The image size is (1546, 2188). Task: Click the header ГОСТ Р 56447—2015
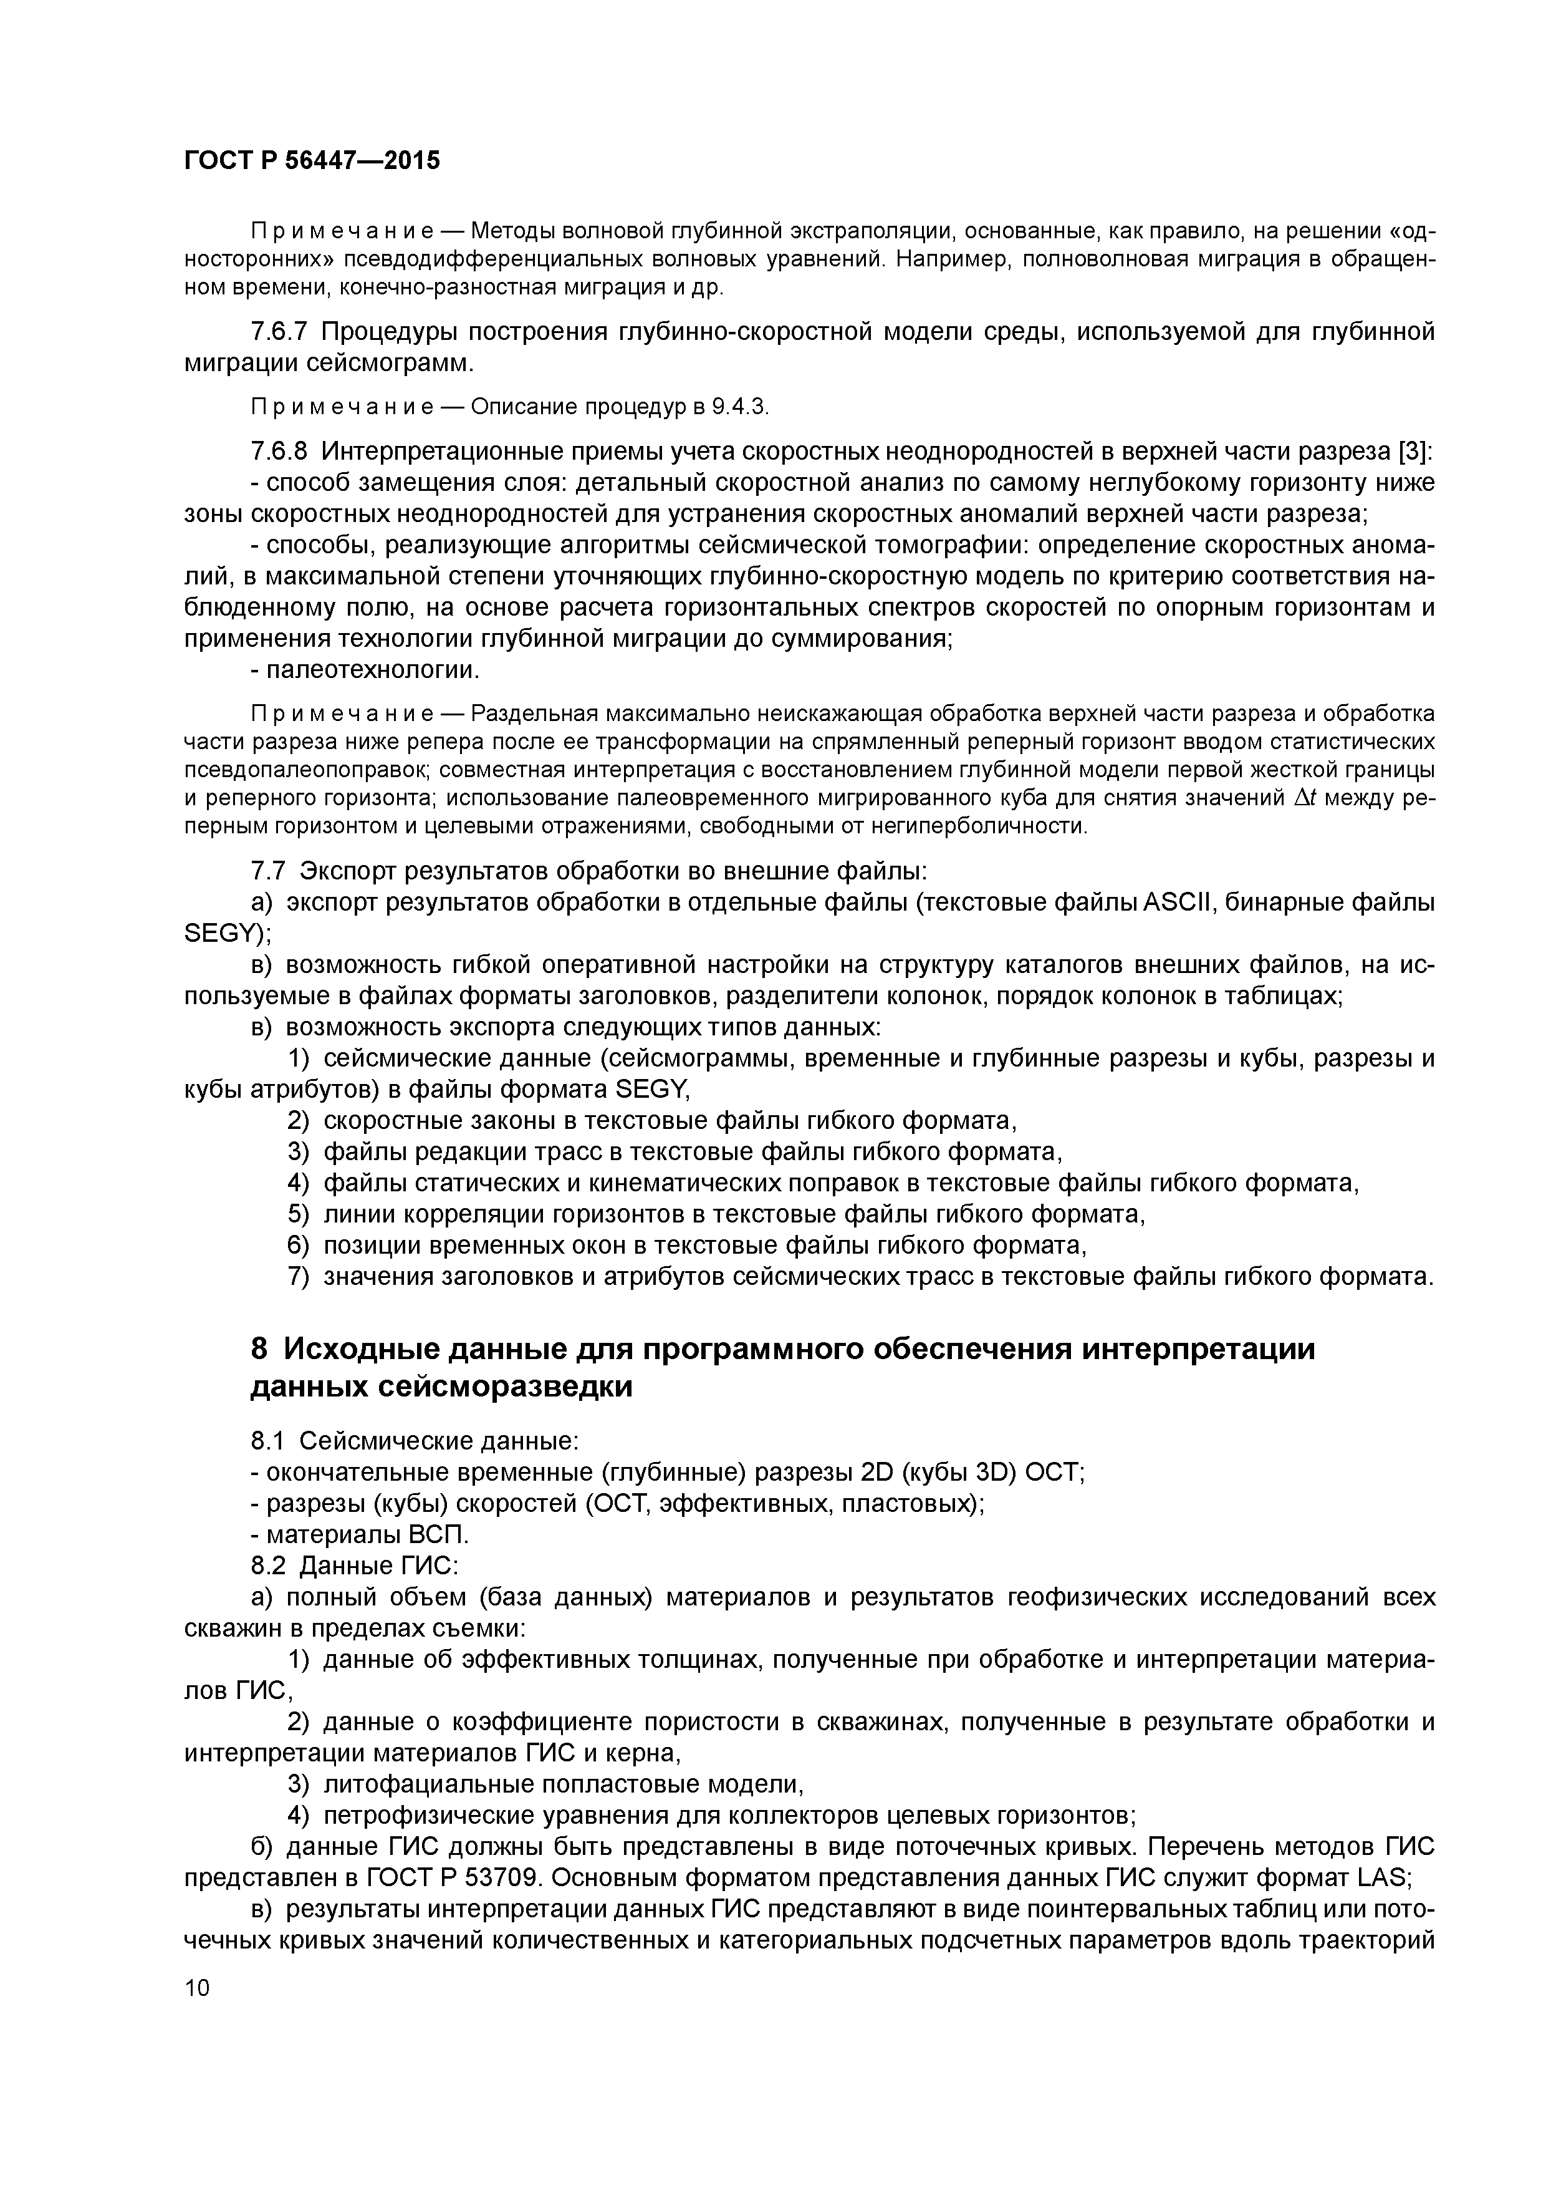point(312,161)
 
